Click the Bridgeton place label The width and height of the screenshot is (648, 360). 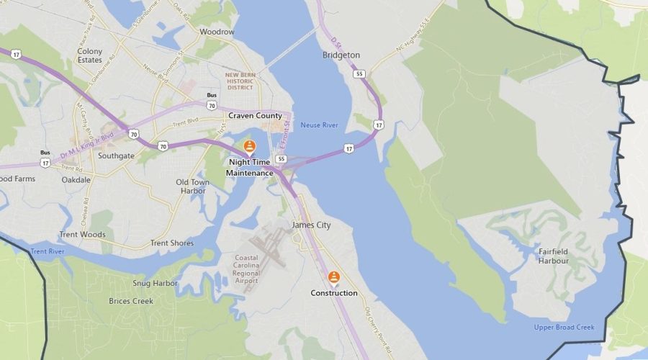pyautogui.click(x=341, y=55)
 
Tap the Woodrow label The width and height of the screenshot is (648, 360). pyautogui.click(x=217, y=32)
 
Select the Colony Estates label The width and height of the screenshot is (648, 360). pyautogui.click(x=90, y=56)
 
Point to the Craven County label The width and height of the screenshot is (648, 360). pyautogui.click(x=255, y=115)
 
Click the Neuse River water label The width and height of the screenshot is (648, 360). pyautogui.click(x=320, y=125)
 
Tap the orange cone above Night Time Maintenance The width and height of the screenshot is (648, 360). pyautogui.click(x=250, y=147)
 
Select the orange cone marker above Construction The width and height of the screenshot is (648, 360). pyautogui.click(x=334, y=277)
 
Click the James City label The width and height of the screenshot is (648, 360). pyautogui.click(x=311, y=225)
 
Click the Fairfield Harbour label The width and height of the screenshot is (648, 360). pyautogui.click(x=554, y=256)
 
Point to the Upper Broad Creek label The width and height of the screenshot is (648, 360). pyautogui.click(x=564, y=328)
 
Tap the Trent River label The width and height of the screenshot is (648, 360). pyautogui.click(x=48, y=251)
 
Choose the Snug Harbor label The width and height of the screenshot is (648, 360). pyautogui.click(x=155, y=284)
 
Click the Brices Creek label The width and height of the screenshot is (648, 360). pyautogui.click(x=130, y=301)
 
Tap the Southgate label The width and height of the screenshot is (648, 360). pyautogui.click(x=116, y=156)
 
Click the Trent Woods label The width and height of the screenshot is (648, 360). pyautogui.click(x=82, y=235)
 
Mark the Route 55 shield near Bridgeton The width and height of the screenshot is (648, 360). pyautogui.click(x=358, y=73)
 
